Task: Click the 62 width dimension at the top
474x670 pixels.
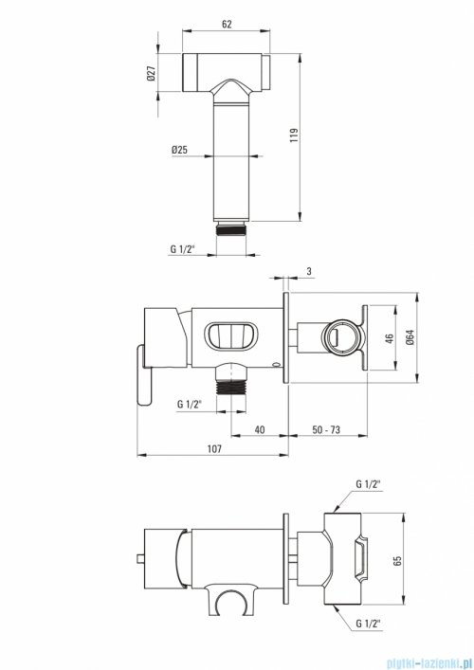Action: pos(227,24)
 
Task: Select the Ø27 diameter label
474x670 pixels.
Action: pos(152,73)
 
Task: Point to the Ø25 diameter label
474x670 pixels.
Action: pos(179,150)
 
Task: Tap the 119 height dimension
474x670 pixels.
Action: pos(294,135)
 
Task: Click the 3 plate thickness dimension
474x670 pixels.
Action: pos(309,271)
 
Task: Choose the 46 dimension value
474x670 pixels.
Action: pos(389,338)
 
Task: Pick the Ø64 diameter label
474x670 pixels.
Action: pos(410,337)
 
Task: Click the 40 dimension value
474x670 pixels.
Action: pos(260,429)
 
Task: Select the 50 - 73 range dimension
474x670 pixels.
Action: pos(326,429)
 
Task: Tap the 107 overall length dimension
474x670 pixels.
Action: pos(214,448)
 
